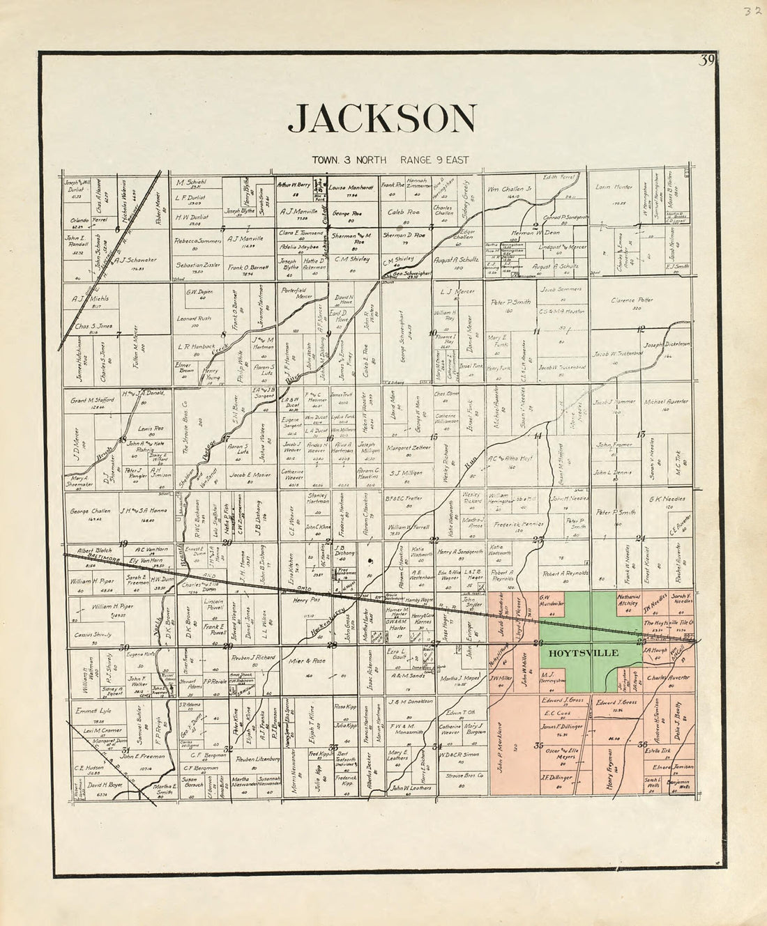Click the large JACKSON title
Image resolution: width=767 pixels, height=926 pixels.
[382, 118]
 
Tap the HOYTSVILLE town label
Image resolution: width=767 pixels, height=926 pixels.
[573, 654]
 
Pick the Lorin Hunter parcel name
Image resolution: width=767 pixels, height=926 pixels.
[614, 187]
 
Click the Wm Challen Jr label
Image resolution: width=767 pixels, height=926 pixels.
[509, 188]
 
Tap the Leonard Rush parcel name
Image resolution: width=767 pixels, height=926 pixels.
[194, 318]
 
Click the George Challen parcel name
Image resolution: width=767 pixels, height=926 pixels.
[90, 511]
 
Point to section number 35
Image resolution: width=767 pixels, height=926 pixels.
[538, 746]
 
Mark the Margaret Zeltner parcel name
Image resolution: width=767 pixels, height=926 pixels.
[409, 448]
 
